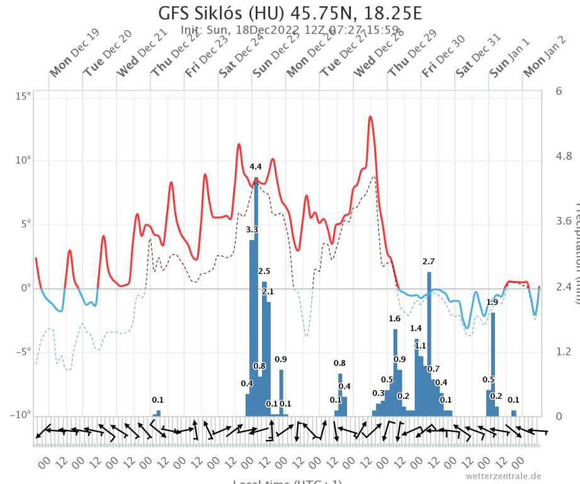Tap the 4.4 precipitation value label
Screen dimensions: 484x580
255,167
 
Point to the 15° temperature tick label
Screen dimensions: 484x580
21,96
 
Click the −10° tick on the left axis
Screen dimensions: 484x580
18,416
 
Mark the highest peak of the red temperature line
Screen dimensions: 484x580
370,117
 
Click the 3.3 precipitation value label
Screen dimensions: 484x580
251,230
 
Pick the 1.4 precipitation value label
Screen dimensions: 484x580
416,328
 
